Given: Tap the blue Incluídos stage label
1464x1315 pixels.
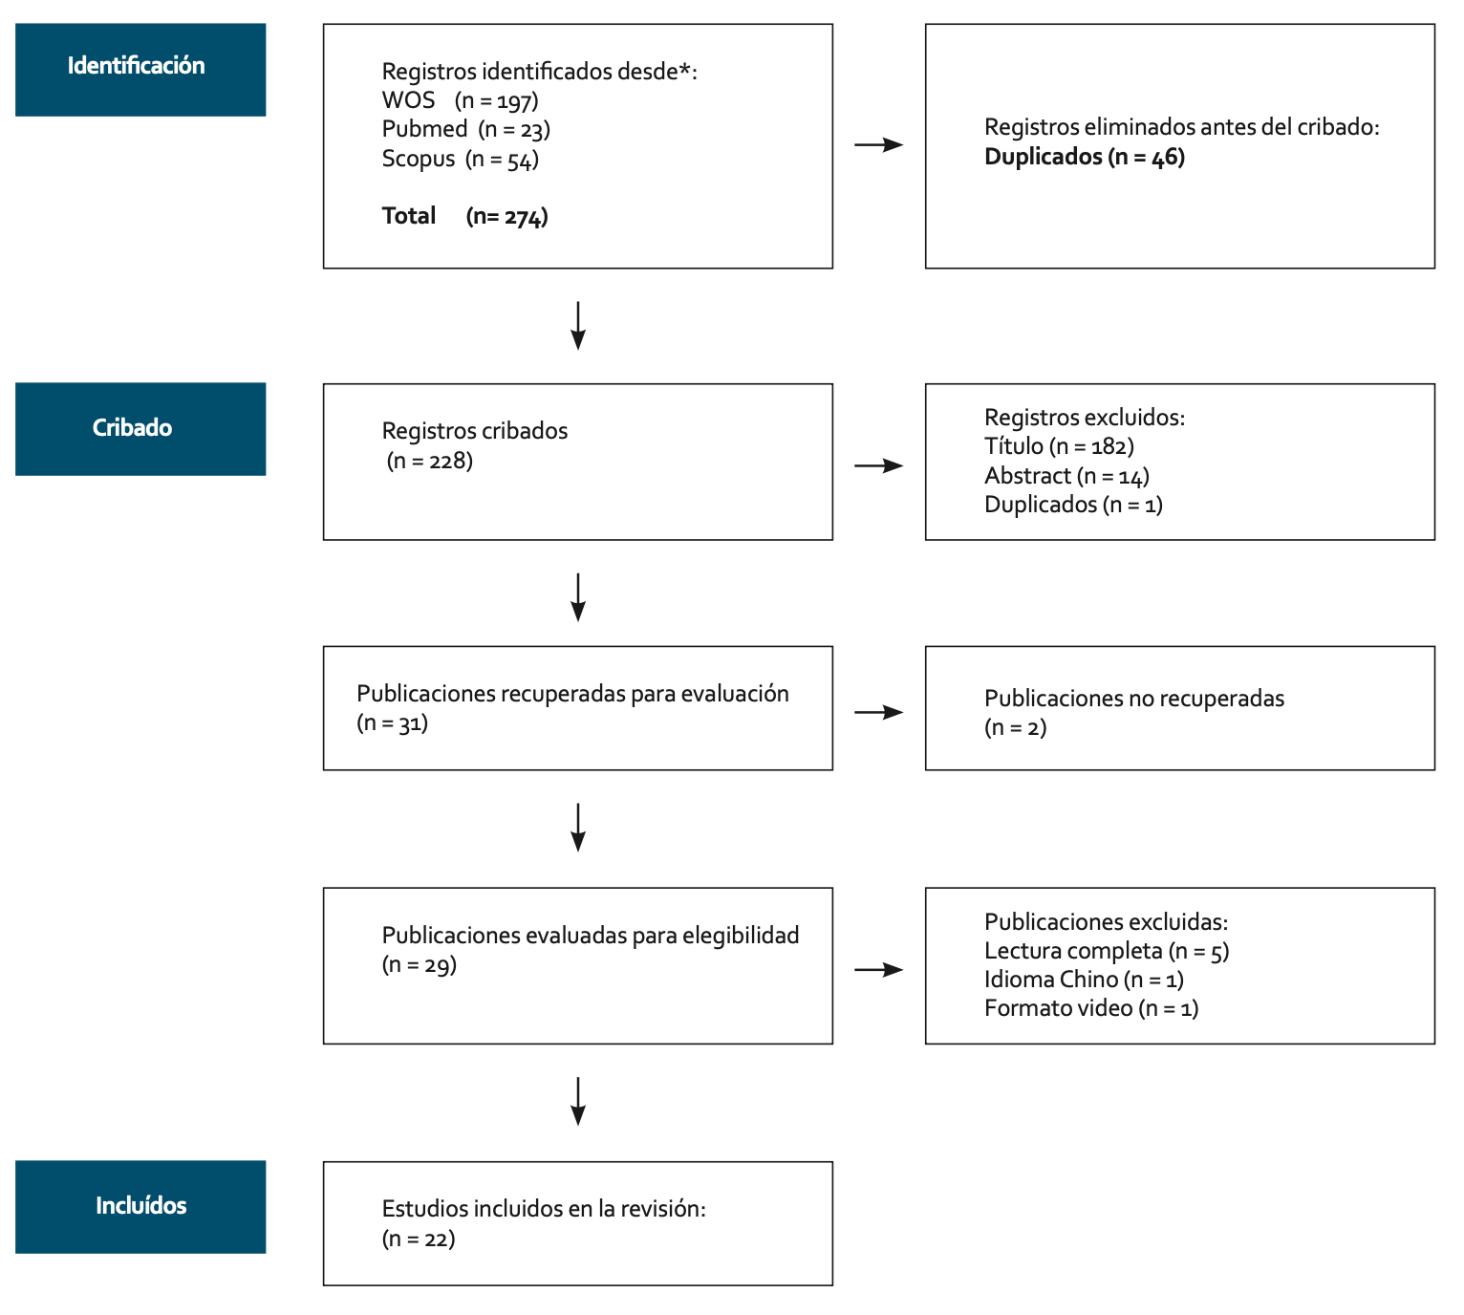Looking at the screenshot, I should tap(140, 1206).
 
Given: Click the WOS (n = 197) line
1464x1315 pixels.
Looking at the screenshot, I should tap(460, 100).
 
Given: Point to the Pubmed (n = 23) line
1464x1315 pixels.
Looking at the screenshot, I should tap(465, 129).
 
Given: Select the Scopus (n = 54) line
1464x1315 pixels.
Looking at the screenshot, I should tap(460, 159).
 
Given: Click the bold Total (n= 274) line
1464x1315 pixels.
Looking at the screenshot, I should tap(464, 216).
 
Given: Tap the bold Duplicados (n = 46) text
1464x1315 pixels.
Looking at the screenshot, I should tap(1084, 157).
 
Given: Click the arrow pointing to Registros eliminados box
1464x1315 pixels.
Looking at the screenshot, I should tap(878, 145).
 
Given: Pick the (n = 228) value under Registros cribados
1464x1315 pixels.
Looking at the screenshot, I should tap(430, 461).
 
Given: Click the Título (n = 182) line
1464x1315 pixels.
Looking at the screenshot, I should tap(1058, 446).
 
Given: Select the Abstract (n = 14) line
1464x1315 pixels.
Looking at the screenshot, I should tap(1066, 476).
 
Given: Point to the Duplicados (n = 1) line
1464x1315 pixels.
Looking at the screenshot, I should tap(1072, 505).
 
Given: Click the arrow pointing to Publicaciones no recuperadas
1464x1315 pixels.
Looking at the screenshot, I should tap(878, 712).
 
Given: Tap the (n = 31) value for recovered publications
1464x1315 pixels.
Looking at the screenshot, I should tap(392, 722).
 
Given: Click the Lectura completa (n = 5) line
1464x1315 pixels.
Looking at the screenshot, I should tap(1106, 951).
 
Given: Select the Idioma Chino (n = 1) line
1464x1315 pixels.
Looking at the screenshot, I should tap(1083, 980).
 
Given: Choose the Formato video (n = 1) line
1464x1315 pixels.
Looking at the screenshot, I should tap(1090, 1008).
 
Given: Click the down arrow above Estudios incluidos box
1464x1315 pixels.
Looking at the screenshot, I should tap(578, 1101).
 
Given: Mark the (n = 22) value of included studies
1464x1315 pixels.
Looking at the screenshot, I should tap(419, 1239).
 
